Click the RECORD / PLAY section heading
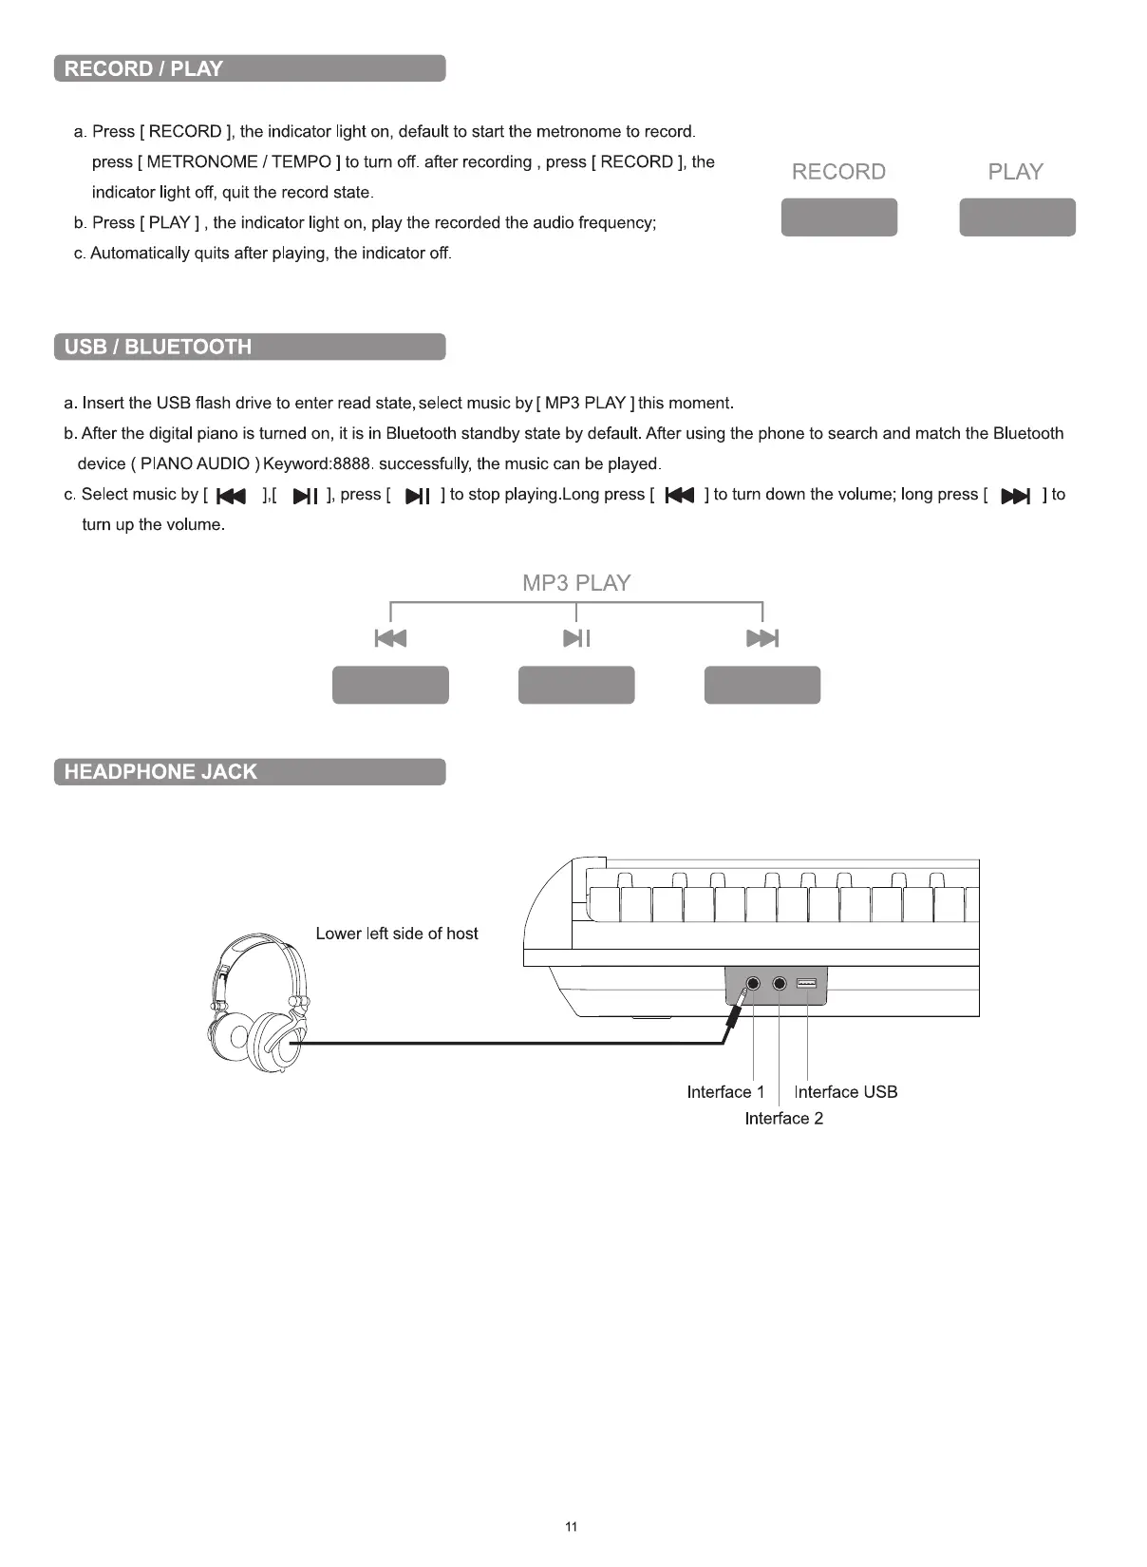coord(143,69)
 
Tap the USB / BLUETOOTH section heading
coord(158,347)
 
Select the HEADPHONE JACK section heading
coord(160,772)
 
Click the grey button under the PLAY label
coord(1017,217)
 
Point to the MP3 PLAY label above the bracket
coord(576,583)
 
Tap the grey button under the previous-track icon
coord(390,685)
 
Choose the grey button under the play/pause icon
coord(576,685)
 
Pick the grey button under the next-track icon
coord(762,685)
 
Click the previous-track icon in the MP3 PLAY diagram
coord(390,638)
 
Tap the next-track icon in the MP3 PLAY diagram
coord(762,638)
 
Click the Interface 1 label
coord(725,1092)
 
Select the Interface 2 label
coord(783,1119)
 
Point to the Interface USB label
coord(845,1092)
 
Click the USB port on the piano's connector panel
coord(806,983)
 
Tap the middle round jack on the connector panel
coord(780,983)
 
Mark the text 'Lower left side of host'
coord(397,934)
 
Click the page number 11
coord(571,1527)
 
